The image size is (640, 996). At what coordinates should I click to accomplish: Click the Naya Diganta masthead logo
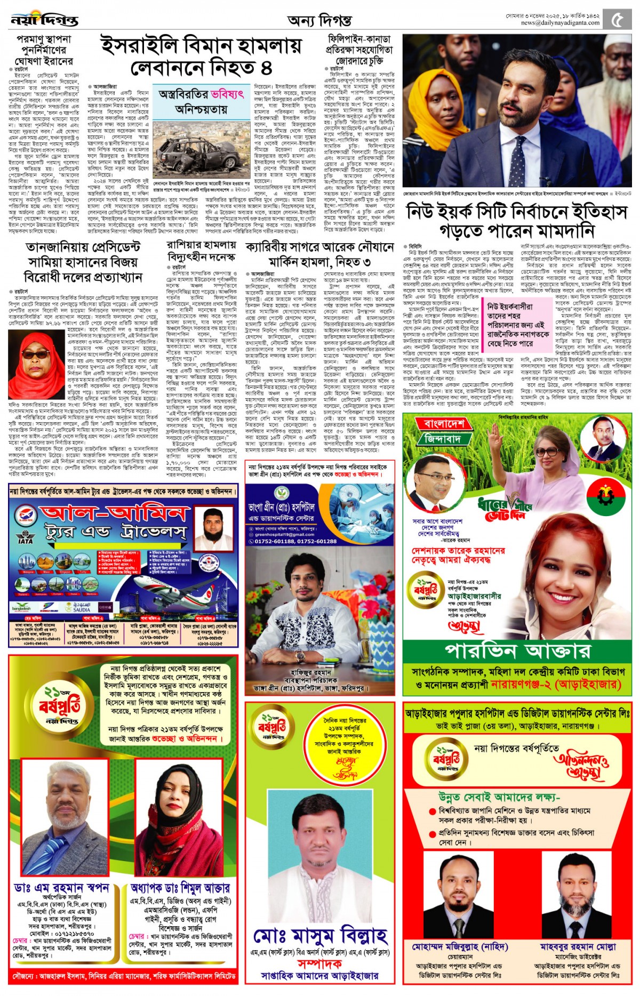click(44, 20)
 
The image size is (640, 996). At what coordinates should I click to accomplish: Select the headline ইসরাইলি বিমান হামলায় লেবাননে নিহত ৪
click(201, 57)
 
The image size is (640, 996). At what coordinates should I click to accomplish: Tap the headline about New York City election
click(516, 221)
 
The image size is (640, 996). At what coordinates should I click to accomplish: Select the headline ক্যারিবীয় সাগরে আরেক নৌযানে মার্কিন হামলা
click(319, 254)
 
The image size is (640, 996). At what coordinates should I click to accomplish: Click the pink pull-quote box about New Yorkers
click(518, 325)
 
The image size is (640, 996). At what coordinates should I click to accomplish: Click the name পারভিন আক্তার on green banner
click(517, 650)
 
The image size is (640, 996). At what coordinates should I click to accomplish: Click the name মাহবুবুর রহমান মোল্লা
click(578, 947)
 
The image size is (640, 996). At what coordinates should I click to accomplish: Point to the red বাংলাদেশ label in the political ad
click(444, 424)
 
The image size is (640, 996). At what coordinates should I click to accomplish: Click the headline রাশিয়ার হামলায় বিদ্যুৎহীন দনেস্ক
click(201, 251)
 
